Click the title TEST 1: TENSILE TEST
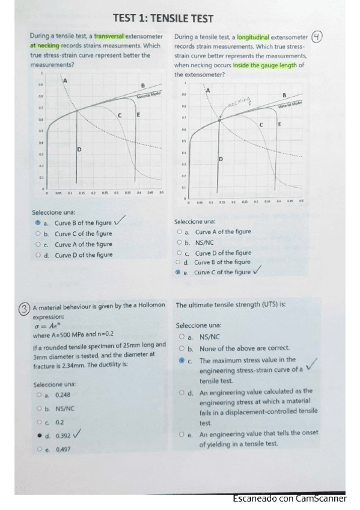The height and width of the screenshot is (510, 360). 162,19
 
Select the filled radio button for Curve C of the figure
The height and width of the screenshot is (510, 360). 178,272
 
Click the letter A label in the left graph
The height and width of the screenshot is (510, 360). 65,80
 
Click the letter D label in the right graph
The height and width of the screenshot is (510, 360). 221,159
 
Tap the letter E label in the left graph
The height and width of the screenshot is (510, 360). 138,114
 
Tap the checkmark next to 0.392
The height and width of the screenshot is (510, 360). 78,434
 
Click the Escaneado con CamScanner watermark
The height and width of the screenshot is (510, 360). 290,499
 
